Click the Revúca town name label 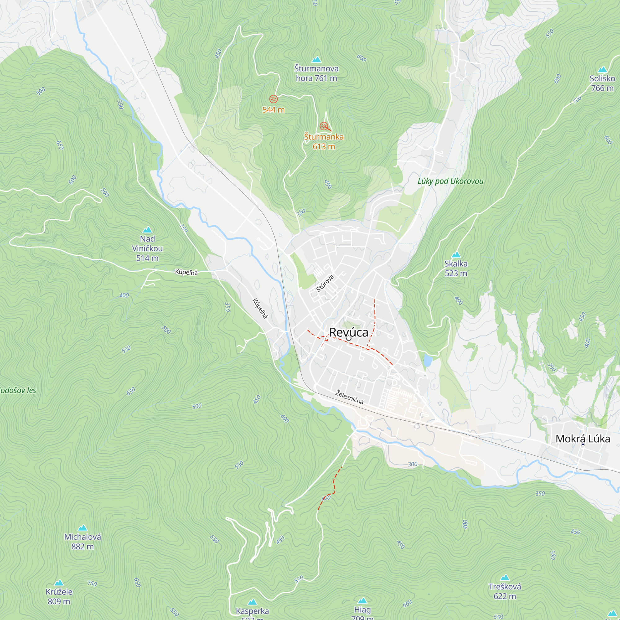(348, 332)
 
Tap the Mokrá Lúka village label (582, 439)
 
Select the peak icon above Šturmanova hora (317, 60)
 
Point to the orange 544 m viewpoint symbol (273, 99)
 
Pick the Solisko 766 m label (602, 83)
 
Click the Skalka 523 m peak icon (456, 255)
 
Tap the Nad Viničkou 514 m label (147, 248)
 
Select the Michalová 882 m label (82, 542)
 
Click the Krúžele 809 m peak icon (59, 583)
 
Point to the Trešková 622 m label (504, 591)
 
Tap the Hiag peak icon (362, 600)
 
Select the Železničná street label (349, 397)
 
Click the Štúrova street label (325, 283)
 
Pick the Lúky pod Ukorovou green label (450, 181)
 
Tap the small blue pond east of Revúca (428, 361)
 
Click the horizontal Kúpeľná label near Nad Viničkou (186, 272)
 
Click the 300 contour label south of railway (412, 464)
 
